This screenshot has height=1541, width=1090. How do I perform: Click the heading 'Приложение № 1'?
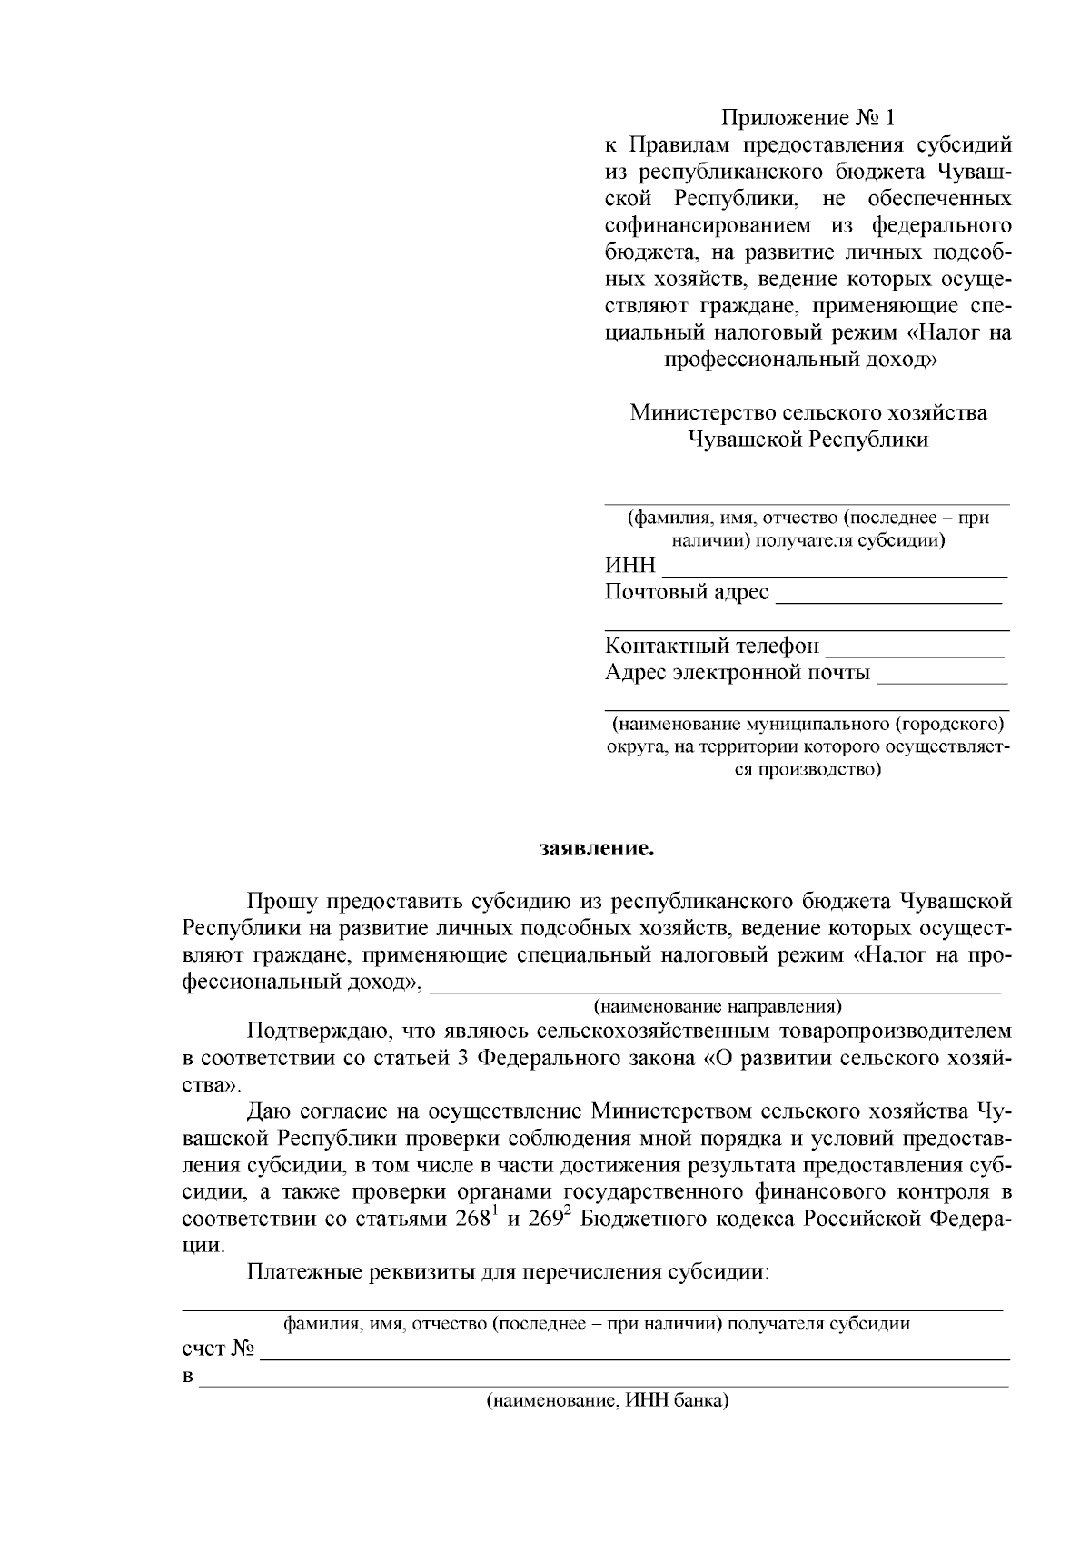(808, 117)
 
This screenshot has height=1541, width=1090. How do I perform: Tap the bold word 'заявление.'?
(597, 850)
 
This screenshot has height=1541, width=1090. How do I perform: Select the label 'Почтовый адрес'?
(687, 592)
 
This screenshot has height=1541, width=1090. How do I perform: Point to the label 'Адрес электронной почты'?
(737, 673)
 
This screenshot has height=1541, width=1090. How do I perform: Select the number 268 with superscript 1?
(475, 1219)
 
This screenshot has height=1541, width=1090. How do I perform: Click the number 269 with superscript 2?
(550, 1219)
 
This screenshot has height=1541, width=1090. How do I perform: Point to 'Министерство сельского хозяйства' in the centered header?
(808, 412)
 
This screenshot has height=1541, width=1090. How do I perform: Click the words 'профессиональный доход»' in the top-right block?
(800, 359)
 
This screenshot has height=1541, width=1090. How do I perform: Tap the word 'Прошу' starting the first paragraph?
(281, 902)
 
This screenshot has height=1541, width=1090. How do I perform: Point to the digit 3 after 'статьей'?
(462, 1059)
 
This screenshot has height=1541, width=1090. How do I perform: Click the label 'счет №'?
(217, 1348)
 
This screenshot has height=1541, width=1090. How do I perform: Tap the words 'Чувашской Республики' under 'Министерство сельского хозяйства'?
(808, 440)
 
